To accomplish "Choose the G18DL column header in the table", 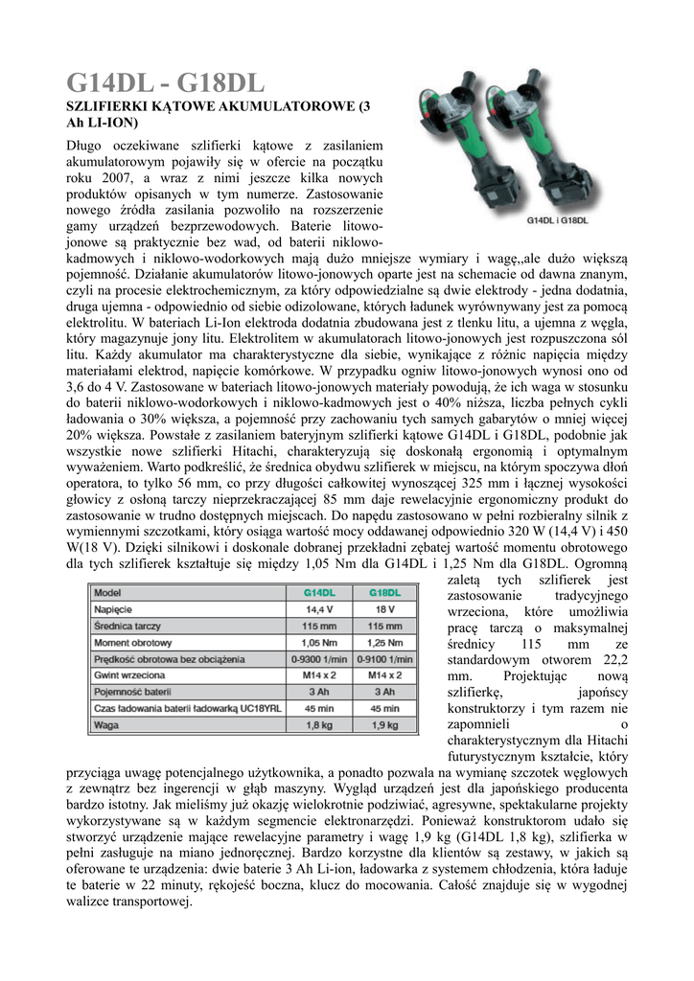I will [384, 593].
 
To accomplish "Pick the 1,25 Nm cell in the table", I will [384, 642].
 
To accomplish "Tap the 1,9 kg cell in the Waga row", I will [384, 725].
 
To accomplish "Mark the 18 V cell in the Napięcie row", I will [384, 609].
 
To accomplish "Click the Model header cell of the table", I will [107, 593].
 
